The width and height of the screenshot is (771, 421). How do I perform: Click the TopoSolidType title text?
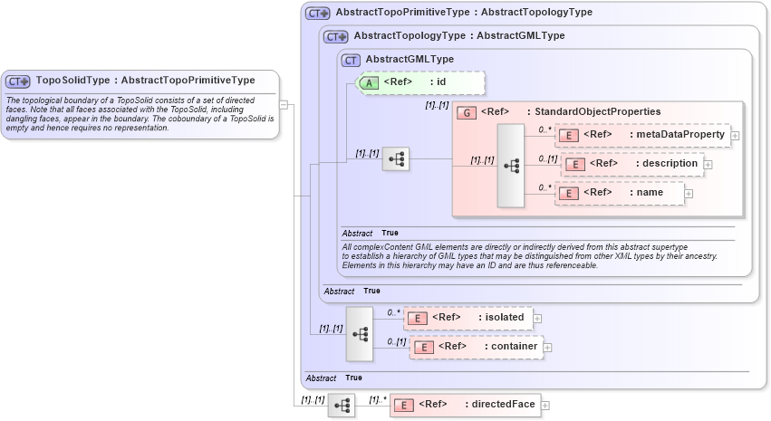coord(145,80)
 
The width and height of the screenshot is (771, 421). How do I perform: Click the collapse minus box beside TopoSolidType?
coord(284,104)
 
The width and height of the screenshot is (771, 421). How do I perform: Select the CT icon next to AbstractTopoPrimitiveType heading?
coord(318,14)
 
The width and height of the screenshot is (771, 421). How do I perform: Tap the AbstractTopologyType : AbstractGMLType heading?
coord(458,36)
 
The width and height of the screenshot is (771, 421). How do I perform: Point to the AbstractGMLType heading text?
coord(410,60)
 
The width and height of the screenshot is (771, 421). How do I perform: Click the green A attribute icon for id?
coord(369,82)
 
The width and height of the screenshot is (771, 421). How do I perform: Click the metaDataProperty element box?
coord(641,135)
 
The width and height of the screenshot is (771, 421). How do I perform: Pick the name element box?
coord(620,193)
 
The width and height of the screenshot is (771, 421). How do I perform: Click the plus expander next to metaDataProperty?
coord(735,136)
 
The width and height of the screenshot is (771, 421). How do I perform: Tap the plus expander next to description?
coord(708,165)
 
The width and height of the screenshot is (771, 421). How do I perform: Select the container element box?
coord(476,347)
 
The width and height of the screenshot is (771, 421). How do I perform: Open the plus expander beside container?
coord(547,348)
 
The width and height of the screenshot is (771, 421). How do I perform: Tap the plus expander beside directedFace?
coord(545,406)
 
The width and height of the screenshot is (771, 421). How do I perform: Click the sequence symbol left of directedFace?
coord(342,407)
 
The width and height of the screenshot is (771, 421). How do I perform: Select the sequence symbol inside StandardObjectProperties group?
coord(511,166)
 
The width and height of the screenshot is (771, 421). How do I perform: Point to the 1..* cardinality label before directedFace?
coord(377,399)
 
